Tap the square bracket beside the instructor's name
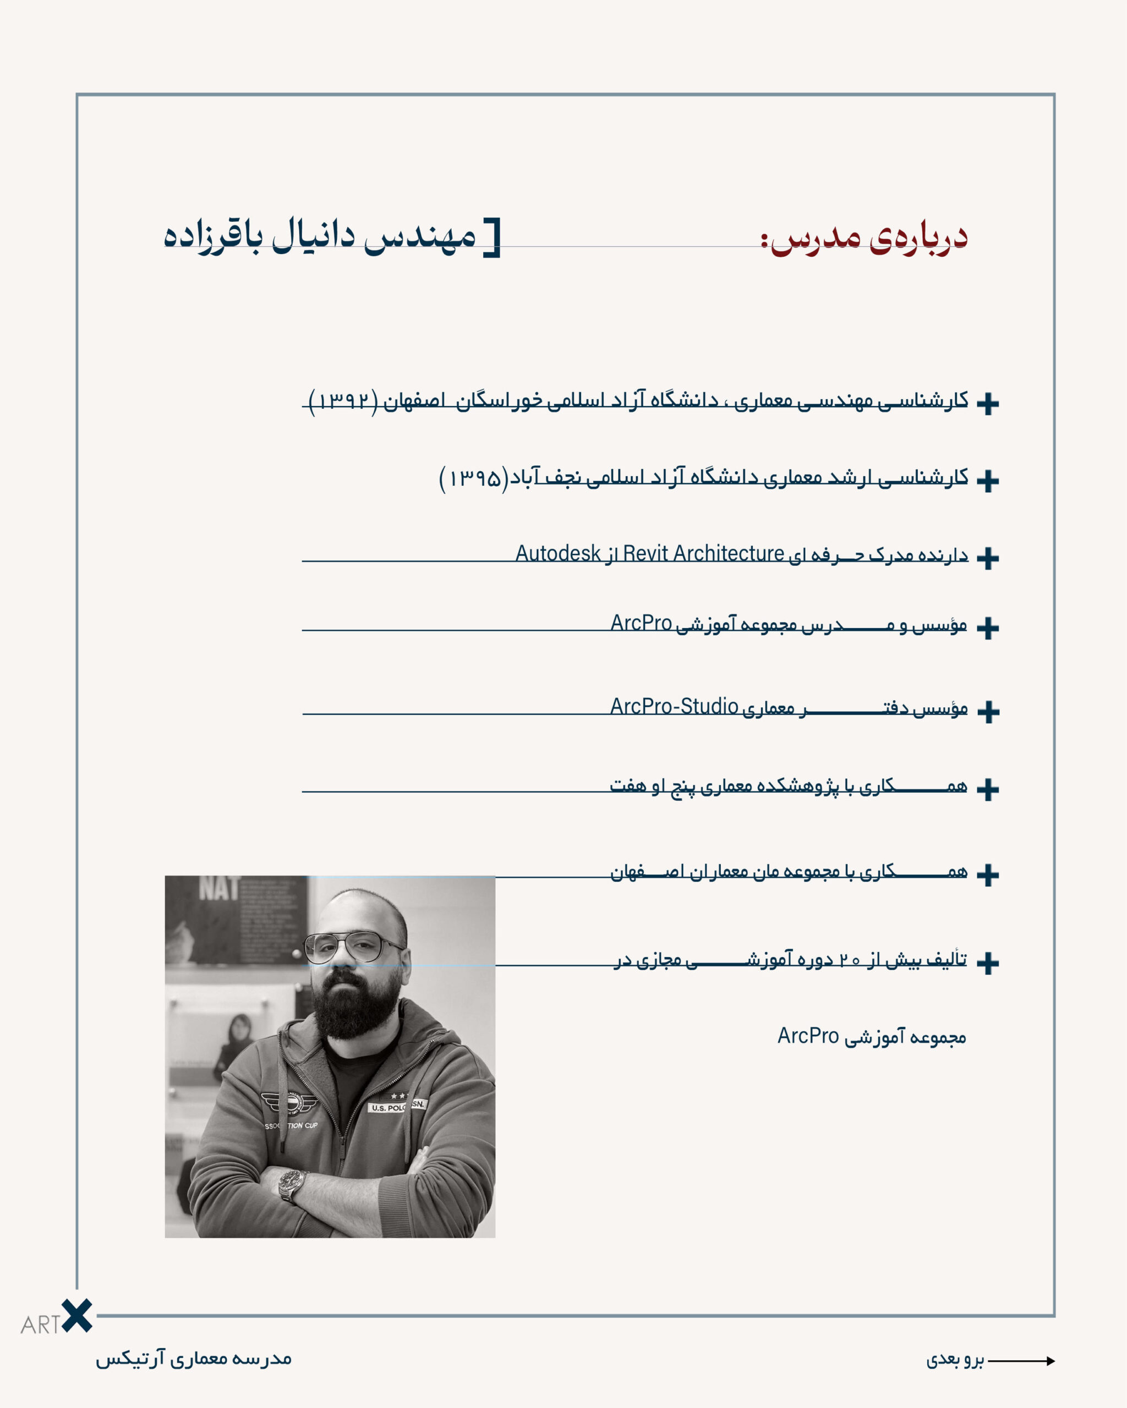click(x=493, y=238)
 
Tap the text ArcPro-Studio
click(x=674, y=706)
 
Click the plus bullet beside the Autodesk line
click(x=987, y=558)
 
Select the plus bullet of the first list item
click(x=987, y=404)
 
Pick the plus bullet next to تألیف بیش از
click(x=987, y=963)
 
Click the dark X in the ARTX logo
click(x=77, y=1315)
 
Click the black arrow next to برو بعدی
click(x=1022, y=1361)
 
